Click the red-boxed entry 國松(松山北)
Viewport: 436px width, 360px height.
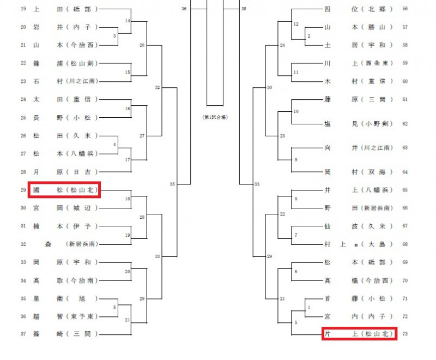pos(64,190)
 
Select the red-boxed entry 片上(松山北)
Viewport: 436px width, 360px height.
pos(359,332)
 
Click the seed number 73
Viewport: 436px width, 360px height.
pos(404,332)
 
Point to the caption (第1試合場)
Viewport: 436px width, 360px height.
pos(215,117)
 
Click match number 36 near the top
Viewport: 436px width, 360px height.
pos(184,9)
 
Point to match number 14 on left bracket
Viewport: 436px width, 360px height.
pos(128,21)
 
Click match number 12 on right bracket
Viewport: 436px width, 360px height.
pos(296,25)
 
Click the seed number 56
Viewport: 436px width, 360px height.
pos(404,9)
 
